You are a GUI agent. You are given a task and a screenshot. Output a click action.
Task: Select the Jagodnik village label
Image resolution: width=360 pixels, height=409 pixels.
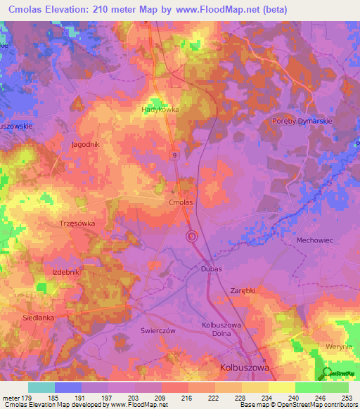pyautogui.click(x=85, y=144)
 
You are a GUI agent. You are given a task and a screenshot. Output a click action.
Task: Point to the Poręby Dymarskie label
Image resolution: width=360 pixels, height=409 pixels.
pyautogui.click(x=301, y=121)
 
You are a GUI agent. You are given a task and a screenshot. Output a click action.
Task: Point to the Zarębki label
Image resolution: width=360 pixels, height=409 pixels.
pyautogui.click(x=244, y=290)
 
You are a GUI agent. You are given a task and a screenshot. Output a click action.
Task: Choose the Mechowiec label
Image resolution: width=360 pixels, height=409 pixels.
pyautogui.click(x=314, y=240)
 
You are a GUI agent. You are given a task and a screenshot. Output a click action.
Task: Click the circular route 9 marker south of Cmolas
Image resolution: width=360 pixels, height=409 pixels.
pyautogui.click(x=191, y=237)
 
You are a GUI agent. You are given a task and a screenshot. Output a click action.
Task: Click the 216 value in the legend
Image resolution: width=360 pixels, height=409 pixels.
pyautogui.click(x=188, y=398)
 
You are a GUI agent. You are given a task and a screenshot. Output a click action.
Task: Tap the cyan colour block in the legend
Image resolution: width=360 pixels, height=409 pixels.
pyautogui.click(x=41, y=387)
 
